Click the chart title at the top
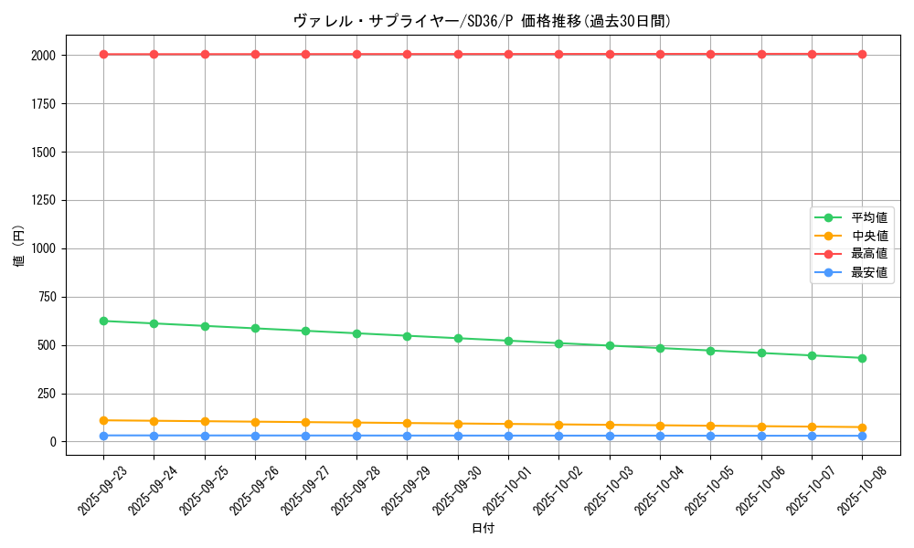coord(483,21)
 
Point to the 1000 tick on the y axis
coord(42,248)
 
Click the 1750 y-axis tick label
coord(42,104)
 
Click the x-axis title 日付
coord(483,529)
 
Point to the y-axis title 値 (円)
coord(19,248)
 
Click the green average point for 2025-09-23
coord(103,321)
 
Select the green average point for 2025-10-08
coord(862,358)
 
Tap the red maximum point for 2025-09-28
coord(356,54)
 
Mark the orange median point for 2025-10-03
coord(610,425)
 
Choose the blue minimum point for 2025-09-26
coord(255,436)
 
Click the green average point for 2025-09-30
coord(458,338)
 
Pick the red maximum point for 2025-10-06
coord(761,54)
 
